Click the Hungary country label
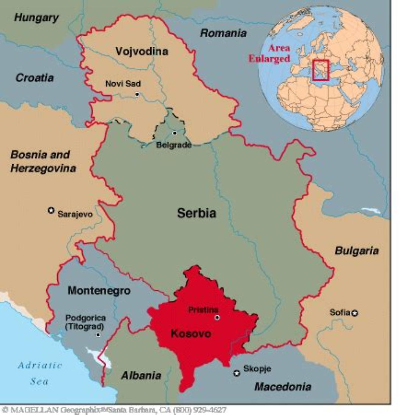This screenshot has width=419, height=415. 36,18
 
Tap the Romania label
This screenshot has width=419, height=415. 223,33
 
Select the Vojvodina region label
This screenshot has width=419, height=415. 142,51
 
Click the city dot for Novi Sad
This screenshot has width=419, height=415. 137,94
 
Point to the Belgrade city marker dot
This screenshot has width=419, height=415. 175,133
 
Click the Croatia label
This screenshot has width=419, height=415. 35,78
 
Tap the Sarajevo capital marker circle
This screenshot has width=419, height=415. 51,210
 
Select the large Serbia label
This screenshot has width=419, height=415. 197,213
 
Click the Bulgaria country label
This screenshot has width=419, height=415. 356,251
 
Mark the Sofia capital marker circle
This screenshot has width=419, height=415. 355,313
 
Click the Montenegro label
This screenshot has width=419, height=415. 99,291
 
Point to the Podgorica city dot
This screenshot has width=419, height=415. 98,335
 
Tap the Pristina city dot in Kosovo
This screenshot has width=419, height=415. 217,317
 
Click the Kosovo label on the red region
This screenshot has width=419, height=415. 191,334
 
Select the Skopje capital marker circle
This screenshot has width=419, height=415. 237,373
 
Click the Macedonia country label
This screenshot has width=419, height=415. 283,387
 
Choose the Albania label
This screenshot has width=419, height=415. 141,375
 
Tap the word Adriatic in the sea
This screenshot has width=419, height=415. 40,365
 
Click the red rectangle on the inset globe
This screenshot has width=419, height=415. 320,70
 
